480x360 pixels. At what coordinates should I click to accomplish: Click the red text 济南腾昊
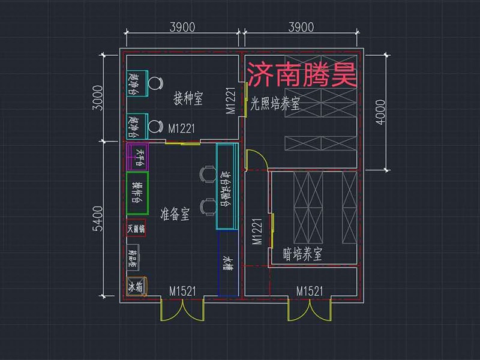pos(302,76)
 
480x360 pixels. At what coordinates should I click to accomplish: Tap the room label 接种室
pos(188,98)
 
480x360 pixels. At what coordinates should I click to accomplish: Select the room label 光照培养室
pos(275,104)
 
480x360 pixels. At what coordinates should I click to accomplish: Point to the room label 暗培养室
pos(302,254)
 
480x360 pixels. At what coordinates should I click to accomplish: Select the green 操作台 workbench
pos(137,193)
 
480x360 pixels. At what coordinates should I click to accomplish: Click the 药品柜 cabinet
pos(133,257)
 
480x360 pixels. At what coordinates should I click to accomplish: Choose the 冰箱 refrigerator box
pos(136,286)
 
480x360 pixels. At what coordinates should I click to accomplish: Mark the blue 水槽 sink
pos(228,264)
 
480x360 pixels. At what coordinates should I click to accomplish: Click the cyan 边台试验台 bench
pos(226,187)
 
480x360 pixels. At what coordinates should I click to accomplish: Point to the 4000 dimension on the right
pos(379,111)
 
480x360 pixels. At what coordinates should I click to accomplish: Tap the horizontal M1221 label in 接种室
pos(182,128)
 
